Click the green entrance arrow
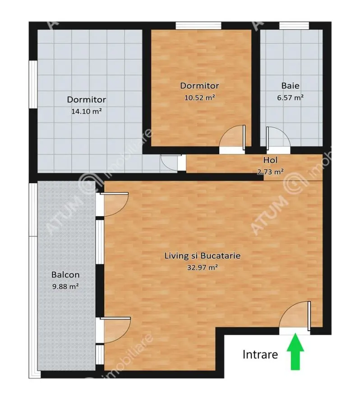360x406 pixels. click(x=295, y=351)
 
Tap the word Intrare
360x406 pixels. click(x=260, y=355)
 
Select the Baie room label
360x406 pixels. click(x=291, y=86)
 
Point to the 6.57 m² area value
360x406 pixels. click(x=290, y=97)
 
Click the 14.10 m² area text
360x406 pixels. click(x=86, y=111)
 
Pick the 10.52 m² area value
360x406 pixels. click(x=199, y=97)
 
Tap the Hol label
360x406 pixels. click(x=270, y=160)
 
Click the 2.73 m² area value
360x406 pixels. click(x=270, y=171)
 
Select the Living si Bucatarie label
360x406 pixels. click(x=203, y=256)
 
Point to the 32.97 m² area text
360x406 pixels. click(x=203, y=267)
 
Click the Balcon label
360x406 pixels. click(x=65, y=275)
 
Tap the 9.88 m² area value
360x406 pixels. click(x=65, y=286)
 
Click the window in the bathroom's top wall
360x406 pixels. click(x=294, y=26)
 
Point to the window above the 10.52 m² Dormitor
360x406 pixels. click(x=198, y=26)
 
